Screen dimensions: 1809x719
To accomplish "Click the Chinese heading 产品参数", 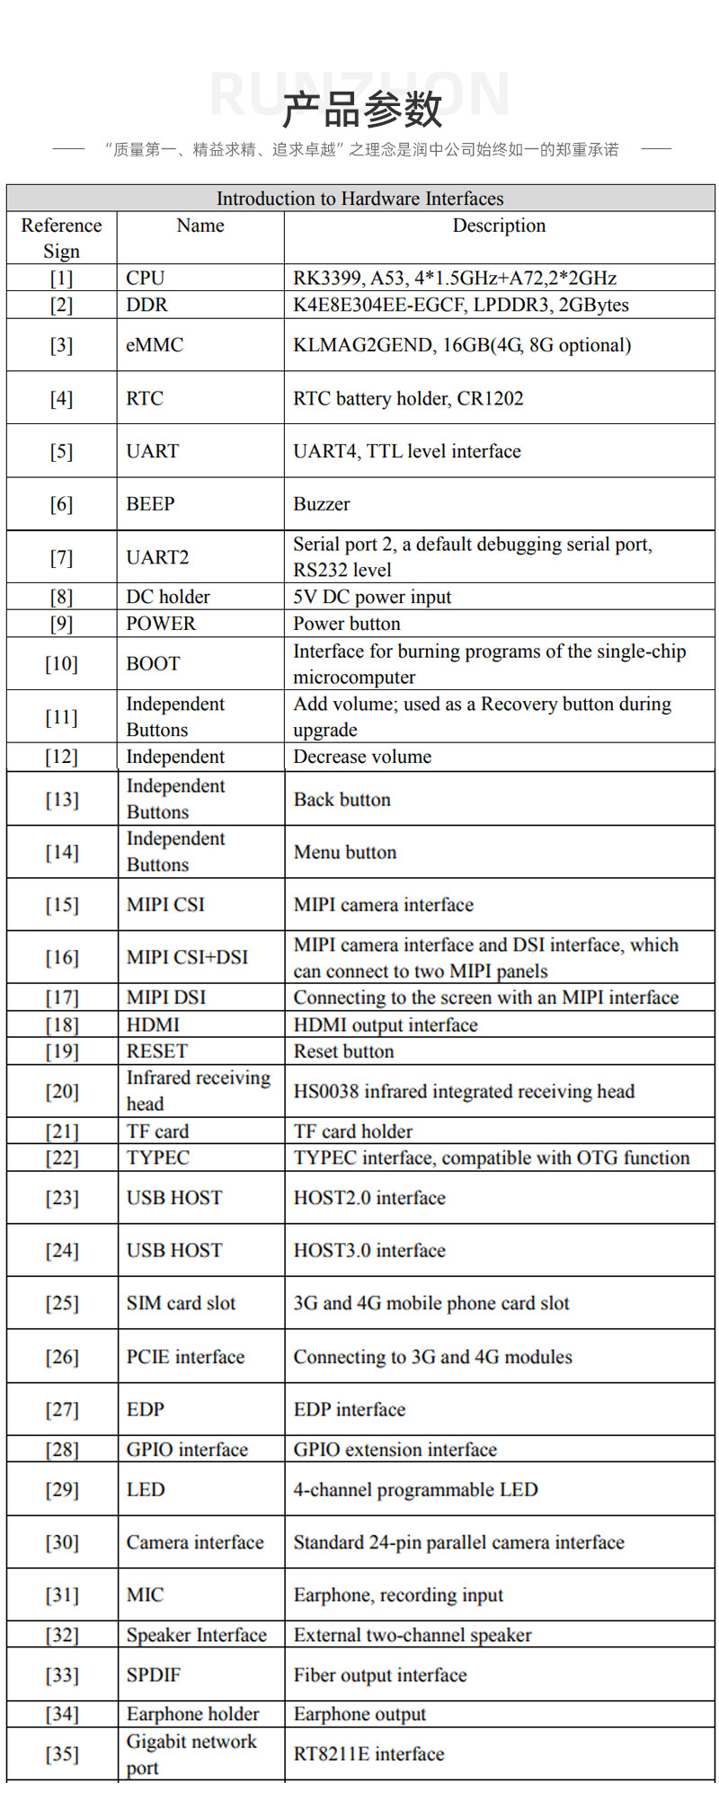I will tap(361, 110).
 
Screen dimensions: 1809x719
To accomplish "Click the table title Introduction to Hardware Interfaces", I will tap(359, 199).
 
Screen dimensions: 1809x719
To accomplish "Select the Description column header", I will tap(499, 226).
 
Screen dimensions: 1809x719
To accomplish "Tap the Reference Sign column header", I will tap(61, 238).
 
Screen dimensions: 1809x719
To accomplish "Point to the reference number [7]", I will tap(61, 557).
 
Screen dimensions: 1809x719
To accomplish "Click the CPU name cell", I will tap(146, 278).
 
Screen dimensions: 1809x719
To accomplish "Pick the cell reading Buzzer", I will tap(322, 504).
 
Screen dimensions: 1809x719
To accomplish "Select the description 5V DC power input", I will tap(372, 597).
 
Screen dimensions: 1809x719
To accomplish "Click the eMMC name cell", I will tap(155, 345).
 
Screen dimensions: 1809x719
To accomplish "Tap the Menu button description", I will tap(345, 852).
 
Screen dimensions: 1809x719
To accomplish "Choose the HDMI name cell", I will tap(153, 1024).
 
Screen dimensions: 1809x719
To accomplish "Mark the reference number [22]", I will tap(62, 1157).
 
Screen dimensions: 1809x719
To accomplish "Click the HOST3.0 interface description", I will tap(369, 1250).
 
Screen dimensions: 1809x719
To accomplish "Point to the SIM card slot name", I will tap(181, 1303).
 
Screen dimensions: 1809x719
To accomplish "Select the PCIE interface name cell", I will tap(185, 1357).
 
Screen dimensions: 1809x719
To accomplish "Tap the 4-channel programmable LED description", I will tap(415, 1489).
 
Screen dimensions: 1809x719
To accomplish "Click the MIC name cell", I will tap(145, 1595).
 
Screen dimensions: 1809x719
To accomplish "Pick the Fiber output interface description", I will tap(380, 1675).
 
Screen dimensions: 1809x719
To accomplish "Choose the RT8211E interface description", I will tap(368, 1754).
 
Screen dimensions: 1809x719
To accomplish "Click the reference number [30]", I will tap(62, 1542).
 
